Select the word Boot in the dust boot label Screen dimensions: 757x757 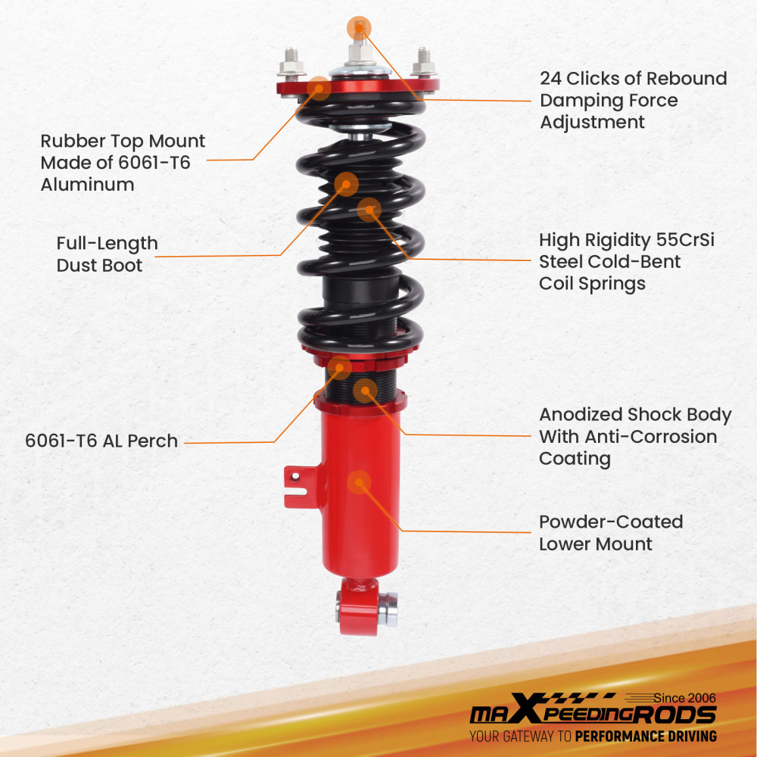click(121, 266)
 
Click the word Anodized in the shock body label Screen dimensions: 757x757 click(581, 415)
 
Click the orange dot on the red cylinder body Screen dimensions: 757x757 click(358, 482)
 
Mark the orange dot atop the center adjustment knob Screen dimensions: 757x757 click(359, 26)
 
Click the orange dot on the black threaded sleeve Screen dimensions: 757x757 click(365, 390)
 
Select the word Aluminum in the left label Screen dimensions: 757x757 click(87, 185)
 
